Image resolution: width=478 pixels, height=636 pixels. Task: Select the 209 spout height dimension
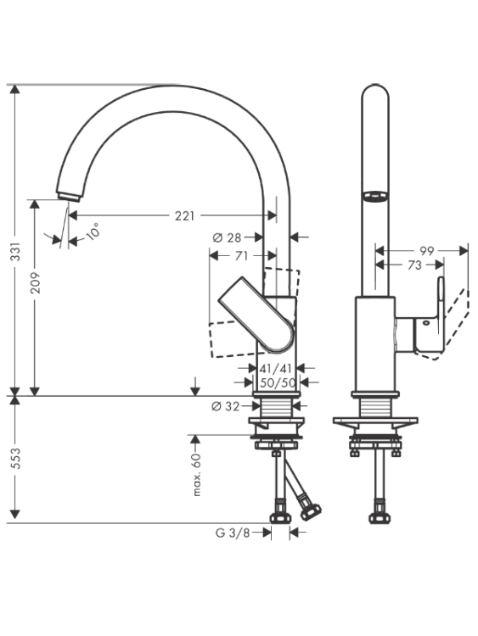[x=36, y=282]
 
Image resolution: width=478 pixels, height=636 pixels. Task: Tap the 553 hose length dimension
[x=15, y=458]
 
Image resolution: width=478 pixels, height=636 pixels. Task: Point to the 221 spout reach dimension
[x=185, y=215]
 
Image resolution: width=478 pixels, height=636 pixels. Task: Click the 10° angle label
[x=93, y=232]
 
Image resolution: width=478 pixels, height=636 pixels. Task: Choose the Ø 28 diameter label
[x=227, y=237]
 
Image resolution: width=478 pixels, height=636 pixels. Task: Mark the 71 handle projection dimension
[x=241, y=256]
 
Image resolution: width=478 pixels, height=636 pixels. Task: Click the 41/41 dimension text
[x=276, y=368]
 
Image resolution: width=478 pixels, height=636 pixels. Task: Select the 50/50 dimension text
[x=278, y=382]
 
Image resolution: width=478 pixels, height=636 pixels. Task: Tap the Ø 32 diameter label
[x=226, y=405]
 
